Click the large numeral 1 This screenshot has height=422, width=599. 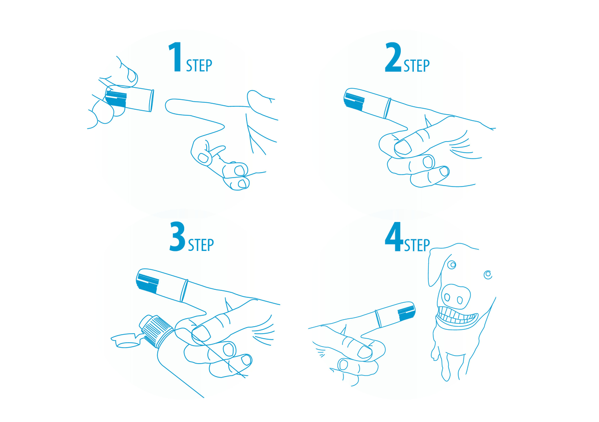click(x=175, y=57)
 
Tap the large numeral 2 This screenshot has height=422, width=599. click(x=393, y=57)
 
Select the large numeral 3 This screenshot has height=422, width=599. click(x=177, y=236)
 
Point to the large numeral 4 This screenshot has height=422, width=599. click(x=394, y=236)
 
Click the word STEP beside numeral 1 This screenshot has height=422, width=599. click(x=199, y=65)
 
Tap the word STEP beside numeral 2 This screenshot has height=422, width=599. click(x=417, y=65)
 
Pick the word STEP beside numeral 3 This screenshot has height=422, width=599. click(x=201, y=245)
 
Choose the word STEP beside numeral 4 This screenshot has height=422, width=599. click(x=417, y=245)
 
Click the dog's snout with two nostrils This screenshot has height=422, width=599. click(x=456, y=296)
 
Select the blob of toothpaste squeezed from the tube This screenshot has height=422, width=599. click(x=125, y=340)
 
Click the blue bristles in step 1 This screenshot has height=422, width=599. click(x=116, y=98)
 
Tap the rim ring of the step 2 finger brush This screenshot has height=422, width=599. click(x=387, y=108)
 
